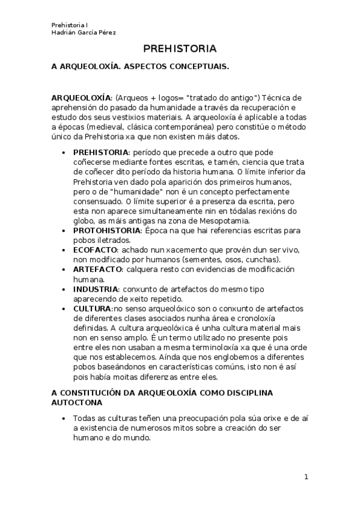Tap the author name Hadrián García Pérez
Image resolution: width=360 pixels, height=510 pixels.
[84, 32]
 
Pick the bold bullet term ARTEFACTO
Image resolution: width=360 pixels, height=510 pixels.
[98, 268]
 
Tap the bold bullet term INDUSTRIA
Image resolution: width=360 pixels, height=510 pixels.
[96, 289]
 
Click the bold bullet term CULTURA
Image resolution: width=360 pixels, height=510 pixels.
[93, 309]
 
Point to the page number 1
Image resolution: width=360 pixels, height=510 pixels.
[306, 477]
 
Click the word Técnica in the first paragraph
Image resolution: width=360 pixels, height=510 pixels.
[278, 97]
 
